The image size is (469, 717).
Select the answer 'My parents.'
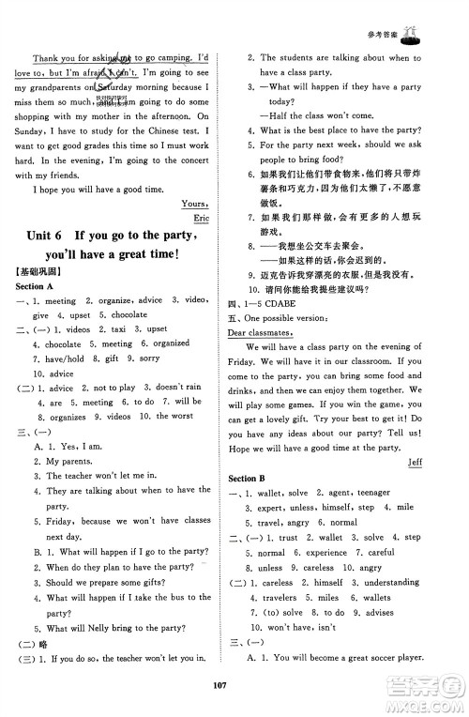coord(70,461)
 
